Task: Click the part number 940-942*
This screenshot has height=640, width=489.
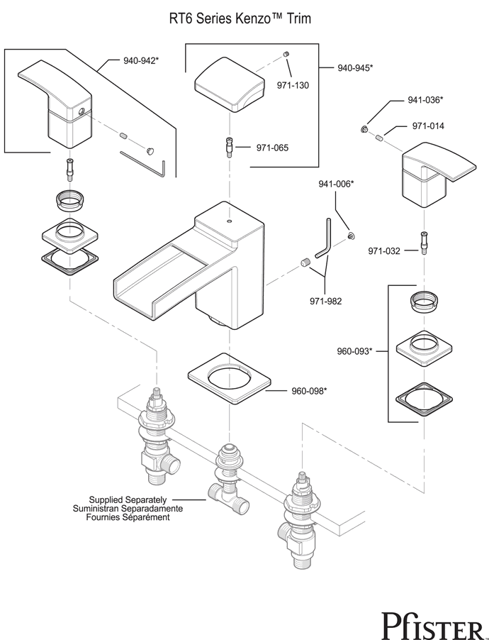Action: click(141, 61)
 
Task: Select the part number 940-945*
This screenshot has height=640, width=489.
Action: click(355, 67)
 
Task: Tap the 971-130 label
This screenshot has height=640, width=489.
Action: click(293, 86)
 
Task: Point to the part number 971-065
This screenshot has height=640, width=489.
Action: click(272, 148)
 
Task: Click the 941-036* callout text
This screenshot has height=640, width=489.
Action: click(425, 100)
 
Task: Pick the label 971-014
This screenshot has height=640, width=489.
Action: click(428, 126)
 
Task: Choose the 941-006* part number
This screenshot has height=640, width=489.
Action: click(336, 184)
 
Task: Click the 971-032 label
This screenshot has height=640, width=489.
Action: click(384, 251)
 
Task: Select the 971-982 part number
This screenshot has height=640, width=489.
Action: click(325, 302)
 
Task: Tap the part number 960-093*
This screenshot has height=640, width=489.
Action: click(354, 351)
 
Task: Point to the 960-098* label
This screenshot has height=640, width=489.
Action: click(309, 391)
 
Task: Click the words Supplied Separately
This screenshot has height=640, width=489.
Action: click(128, 500)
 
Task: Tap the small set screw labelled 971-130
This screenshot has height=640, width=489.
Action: click(286, 54)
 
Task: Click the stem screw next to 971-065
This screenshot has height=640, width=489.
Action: click(230, 148)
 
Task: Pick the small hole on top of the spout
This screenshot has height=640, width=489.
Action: click(229, 221)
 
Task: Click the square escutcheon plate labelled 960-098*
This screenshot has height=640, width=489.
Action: click(230, 378)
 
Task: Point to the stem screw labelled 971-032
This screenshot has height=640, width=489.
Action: click(424, 243)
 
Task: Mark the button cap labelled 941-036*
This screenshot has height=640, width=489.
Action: click(364, 129)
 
